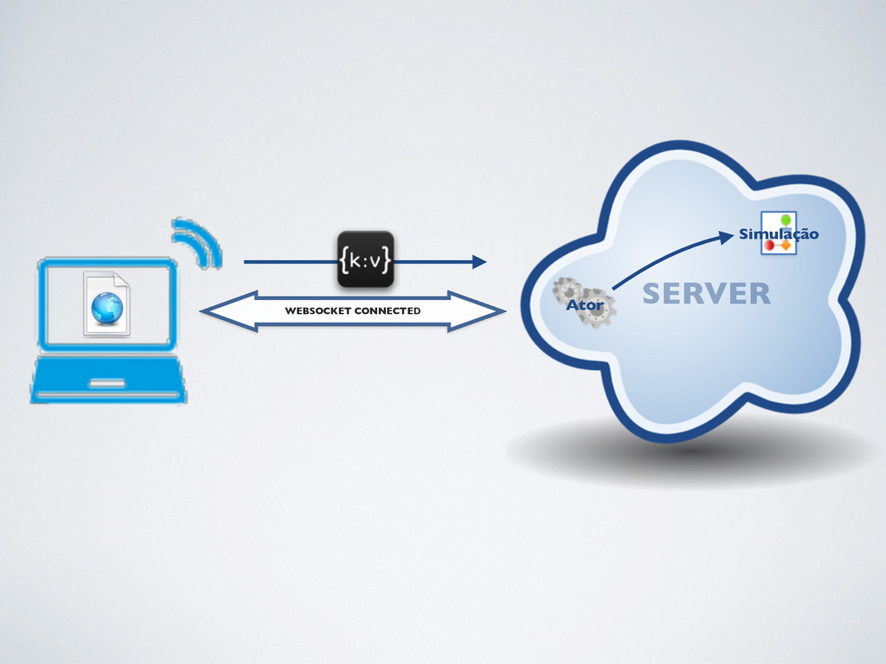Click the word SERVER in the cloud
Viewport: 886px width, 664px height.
pos(706,294)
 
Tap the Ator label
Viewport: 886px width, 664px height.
pos(584,306)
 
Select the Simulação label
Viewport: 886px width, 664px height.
pos(778,234)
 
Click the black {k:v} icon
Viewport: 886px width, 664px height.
pos(365,259)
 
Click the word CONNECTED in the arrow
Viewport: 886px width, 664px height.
pos(387,310)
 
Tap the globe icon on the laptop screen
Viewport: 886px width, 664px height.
pos(107,308)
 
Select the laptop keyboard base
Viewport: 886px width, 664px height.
pos(109,380)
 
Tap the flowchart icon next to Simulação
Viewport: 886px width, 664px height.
pos(778,233)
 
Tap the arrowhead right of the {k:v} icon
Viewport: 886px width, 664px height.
pos(478,260)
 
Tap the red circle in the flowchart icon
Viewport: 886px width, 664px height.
pos(769,246)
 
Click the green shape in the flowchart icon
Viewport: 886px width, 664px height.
pos(786,220)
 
